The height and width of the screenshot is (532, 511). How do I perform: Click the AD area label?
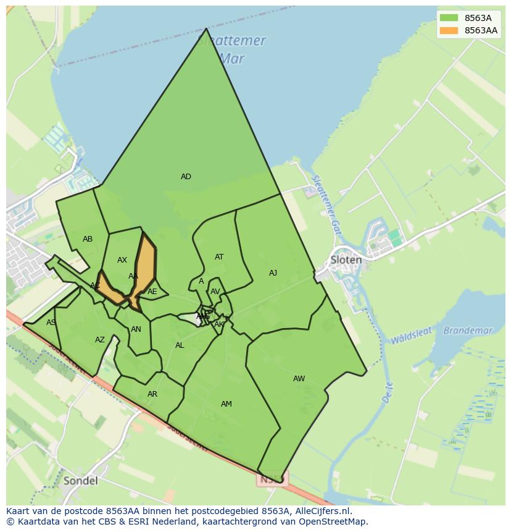click(186, 177)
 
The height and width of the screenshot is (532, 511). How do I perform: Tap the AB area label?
click(88, 239)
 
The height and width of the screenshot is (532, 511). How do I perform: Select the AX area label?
click(122, 260)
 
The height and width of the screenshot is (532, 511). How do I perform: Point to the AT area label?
click(219, 257)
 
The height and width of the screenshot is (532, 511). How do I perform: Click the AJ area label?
click(273, 273)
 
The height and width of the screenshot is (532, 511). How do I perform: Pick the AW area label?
click(299, 379)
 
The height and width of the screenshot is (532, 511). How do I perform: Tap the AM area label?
click(226, 404)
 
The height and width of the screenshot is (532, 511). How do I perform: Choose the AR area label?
click(152, 394)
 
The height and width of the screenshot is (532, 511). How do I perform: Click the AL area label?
click(180, 345)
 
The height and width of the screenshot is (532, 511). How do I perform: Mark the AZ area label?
click(100, 340)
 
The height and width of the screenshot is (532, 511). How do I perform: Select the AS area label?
click(51, 323)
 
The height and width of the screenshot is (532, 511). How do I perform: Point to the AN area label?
click(136, 329)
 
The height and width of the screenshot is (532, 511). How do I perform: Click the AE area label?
click(152, 292)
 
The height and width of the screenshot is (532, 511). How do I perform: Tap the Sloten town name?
click(346, 260)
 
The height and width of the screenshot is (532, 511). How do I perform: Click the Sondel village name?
click(80, 481)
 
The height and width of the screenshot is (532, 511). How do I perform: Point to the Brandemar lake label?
click(468, 331)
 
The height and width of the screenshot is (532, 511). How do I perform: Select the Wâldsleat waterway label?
click(410, 337)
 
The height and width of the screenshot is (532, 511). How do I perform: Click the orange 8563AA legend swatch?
click(449, 30)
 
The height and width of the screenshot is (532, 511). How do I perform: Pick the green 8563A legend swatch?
click(449, 18)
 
